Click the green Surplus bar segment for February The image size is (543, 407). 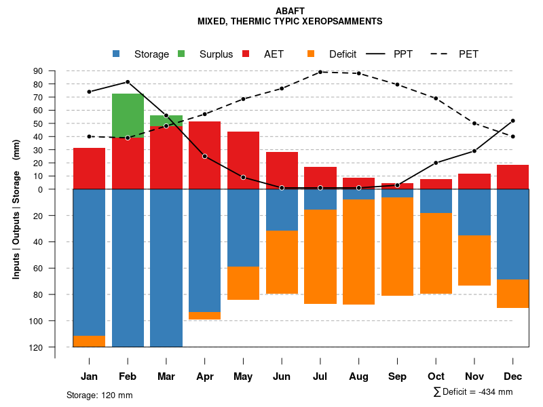coord(128,115)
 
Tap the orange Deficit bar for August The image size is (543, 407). coord(359,252)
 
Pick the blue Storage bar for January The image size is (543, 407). coord(89,262)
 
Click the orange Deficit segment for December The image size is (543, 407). coord(512,294)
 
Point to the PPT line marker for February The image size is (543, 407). coord(128,82)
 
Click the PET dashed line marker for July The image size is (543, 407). coord(320,72)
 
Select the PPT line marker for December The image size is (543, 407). coord(512,121)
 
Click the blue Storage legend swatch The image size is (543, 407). coord(116,54)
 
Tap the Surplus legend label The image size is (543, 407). coord(216,54)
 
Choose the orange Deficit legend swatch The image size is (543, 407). coord(311,54)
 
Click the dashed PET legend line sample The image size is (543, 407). coord(442,54)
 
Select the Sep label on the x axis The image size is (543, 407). coord(397,376)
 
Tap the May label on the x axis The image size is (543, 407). coord(243,376)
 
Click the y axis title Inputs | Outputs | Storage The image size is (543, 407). coord(16,209)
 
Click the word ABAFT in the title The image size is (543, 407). coord(290,11)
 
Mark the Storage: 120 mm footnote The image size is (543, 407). coord(99,395)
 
